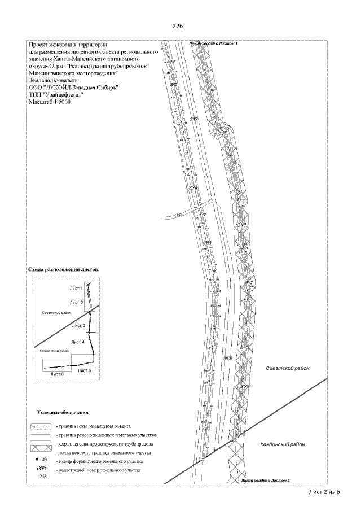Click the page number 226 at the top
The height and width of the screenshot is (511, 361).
pos(179,26)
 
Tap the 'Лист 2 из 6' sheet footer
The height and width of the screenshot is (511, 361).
pos(324,492)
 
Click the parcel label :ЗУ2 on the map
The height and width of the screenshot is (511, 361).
pos(244,386)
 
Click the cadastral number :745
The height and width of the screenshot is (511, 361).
pos(194,119)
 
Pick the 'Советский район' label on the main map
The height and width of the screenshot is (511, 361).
pos(288,368)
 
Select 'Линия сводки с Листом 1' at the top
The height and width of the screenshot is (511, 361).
pos(215,43)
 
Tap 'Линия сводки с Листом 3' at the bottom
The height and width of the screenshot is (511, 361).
pos(265,480)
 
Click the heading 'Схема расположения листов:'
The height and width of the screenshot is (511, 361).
pos(64,270)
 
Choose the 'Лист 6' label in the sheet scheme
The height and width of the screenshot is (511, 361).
pos(58,374)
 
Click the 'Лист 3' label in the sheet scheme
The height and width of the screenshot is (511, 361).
pos(78,326)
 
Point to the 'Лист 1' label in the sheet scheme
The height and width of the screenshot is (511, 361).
pos(76,289)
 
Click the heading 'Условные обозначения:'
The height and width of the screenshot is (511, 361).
pos(67,414)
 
